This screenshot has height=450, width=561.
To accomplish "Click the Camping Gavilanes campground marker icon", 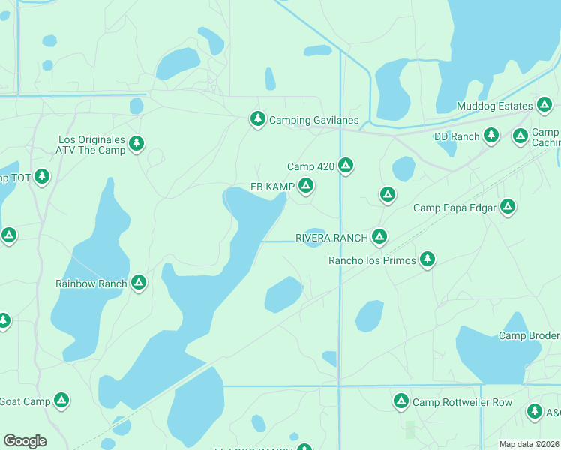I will point(257,119).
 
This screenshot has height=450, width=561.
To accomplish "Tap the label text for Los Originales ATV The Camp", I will point(92,145).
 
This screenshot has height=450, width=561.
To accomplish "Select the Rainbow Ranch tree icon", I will point(138,283).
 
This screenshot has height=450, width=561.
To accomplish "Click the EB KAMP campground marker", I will point(305,186).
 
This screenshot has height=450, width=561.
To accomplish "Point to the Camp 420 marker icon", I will point(345,165).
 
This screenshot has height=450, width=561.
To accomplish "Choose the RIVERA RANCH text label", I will point(331,238).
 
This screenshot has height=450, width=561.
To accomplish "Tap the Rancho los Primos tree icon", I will point(427,259).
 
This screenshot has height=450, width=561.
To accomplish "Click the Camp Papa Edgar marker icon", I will point(508,206).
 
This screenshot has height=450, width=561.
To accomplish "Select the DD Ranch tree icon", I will point(490,136).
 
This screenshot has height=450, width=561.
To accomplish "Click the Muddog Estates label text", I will point(494,106).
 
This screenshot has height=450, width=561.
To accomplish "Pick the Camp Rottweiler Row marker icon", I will point(400,401).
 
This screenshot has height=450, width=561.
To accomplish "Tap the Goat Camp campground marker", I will point(61,400).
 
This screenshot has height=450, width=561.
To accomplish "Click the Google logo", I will point(25,441).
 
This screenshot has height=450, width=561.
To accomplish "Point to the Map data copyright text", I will point(529,444).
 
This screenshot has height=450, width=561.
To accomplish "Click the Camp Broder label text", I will point(529,335).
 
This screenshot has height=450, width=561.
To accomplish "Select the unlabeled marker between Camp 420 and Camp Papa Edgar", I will point(387,195).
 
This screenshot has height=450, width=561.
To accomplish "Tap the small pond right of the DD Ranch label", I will point(447,148).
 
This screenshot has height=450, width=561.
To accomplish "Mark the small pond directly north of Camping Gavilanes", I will point(270,79).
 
